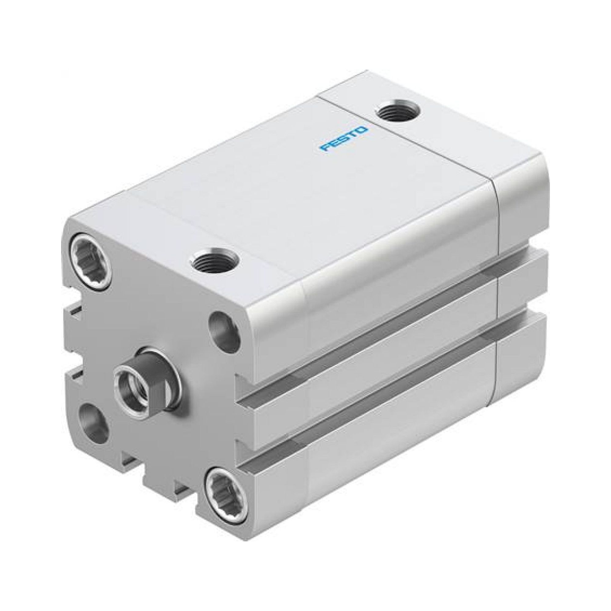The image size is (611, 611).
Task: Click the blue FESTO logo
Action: [x=343, y=139]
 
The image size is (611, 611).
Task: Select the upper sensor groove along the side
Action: [x=364, y=329]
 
